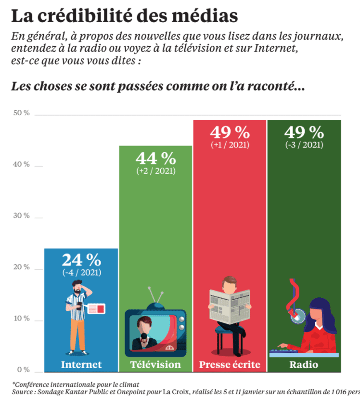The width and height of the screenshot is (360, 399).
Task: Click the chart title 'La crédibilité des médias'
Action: coord(124,15)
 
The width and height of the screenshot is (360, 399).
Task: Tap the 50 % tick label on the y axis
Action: coord(22,113)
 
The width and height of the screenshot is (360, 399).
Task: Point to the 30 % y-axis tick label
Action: coord(22,215)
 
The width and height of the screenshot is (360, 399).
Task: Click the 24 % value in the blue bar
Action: coord(81,260)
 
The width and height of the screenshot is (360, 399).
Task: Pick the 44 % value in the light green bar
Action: coord(155,158)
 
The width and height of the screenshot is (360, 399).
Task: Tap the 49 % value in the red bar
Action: coord(230,132)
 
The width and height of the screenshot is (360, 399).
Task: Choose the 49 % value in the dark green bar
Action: coord(304,132)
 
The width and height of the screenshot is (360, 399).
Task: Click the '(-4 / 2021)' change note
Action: coord(81,273)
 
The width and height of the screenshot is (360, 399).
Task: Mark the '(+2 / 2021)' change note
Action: coord(155,171)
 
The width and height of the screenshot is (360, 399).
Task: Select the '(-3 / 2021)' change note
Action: coord(304,145)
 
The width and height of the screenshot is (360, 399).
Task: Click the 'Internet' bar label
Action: coord(81,364)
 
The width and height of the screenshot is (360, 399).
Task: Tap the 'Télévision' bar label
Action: coord(155,364)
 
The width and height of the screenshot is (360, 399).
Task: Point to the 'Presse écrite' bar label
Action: coord(230,364)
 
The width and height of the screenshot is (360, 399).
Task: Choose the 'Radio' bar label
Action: coord(304,364)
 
